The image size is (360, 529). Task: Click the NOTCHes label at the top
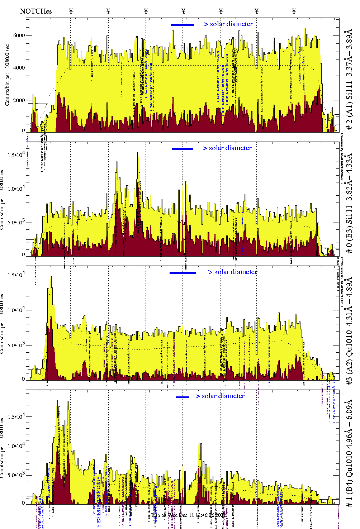36,11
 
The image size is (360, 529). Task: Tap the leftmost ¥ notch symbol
71,11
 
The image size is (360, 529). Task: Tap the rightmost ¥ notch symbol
294,11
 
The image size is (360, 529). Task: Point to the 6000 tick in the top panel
19,35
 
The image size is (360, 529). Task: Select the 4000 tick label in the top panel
19,68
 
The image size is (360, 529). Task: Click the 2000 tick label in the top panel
19,100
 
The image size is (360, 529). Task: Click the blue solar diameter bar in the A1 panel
183,25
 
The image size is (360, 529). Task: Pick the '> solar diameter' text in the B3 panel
227,148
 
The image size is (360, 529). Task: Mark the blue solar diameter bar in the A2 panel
183,273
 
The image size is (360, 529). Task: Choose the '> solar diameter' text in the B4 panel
220,396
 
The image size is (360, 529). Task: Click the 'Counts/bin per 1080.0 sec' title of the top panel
7,75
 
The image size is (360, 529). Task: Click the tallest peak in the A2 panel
51,278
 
